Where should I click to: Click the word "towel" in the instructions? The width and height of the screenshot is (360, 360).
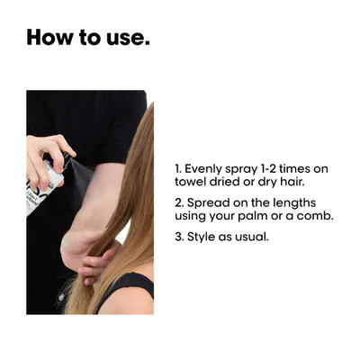[187, 182]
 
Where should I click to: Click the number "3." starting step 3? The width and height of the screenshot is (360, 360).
[179, 237]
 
